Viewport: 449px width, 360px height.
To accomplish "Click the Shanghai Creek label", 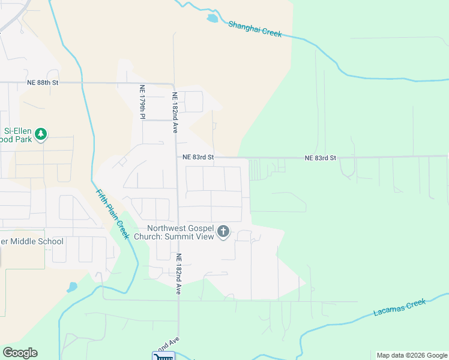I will point(255,29).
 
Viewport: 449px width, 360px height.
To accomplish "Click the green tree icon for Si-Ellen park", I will point(41,134).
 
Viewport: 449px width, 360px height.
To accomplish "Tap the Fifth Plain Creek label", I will point(113,213).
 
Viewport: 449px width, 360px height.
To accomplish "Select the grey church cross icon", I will point(223,232).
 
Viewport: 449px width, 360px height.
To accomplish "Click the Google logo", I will point(20,353).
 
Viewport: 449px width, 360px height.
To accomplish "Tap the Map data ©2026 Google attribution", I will point(411,355).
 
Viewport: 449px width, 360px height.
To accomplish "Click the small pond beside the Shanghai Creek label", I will point(212,19).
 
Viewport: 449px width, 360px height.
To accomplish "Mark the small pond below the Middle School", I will point(72,287).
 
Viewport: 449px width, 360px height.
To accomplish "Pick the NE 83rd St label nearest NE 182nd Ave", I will point(199,157).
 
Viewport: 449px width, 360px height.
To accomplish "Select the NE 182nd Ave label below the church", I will point(178,273).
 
